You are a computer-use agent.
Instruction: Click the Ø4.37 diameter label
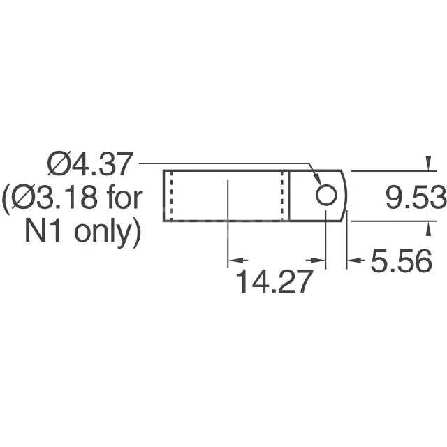[89, 166]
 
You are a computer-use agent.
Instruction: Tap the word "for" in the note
[124, 199]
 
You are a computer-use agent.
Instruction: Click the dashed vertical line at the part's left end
[170, 196]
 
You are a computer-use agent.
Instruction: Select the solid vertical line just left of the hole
[290, 196]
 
